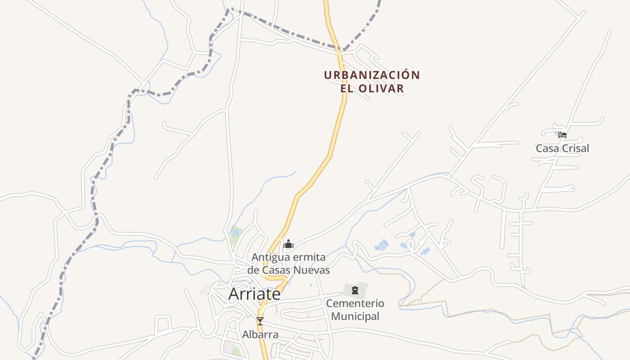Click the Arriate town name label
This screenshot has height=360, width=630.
pos(254,294)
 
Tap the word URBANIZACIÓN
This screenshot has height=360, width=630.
pos(372,75)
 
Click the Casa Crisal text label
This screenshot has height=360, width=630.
pos(562,148)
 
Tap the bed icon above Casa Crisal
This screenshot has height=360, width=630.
pos(562,135)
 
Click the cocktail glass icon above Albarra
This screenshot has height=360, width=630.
pos(260,321)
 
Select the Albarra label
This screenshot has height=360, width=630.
pos(260,334)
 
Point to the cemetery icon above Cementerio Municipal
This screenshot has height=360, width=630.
pos(355,290)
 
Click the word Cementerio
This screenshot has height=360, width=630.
pos(355,303)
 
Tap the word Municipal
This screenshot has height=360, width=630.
pos(355,316)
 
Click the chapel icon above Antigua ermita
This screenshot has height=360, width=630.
pos(288,244)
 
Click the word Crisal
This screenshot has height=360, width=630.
pos(574,148)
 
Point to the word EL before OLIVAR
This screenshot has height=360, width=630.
pos(346,89)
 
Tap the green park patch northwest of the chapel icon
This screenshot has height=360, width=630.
pos(236,234)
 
